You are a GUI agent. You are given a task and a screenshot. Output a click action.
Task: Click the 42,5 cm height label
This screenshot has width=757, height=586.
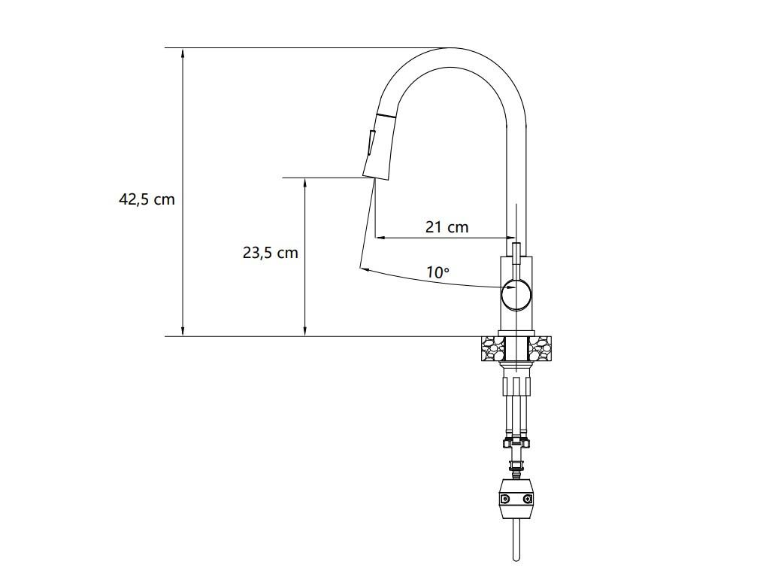[x=147, y=199]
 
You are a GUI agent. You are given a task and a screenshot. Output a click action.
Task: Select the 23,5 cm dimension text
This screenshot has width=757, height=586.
[x=270, y=253]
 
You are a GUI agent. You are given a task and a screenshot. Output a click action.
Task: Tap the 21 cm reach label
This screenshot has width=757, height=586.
[x=447, y=226]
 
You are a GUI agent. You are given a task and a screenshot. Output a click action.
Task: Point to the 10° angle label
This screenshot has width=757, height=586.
[x=438, y=272]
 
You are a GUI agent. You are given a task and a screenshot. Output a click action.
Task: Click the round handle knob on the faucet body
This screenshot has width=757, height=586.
[x=516, y=293]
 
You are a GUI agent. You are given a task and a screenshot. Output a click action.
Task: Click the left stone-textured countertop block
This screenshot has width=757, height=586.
[x=493, y=349]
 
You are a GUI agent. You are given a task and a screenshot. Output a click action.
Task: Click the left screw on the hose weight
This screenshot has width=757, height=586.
[x=505, y=499]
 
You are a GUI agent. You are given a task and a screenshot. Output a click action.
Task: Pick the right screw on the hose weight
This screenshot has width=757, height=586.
[x=528, y=499]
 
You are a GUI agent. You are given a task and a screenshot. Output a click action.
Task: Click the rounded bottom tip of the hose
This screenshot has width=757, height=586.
[x=516, y=557]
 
